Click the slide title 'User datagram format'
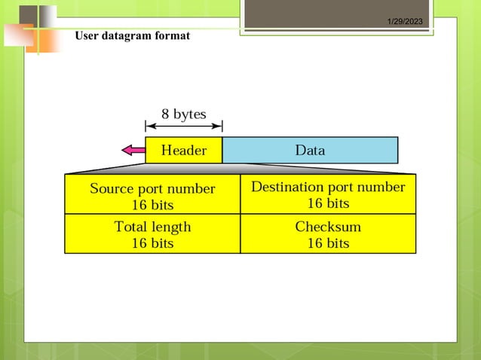point(132,36)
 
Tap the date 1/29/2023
point(406,22)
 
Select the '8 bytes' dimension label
point(183,114)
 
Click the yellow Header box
point(184,151)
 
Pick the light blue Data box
point(310,151)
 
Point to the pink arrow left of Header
point(133,151)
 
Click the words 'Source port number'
point(152,189)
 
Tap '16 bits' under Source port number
point(152,205)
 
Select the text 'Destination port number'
point(328,187)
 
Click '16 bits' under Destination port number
point(328,203)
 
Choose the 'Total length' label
point(152,227)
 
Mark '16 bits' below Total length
point(152,243)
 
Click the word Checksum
point(328,227)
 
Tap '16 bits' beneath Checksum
point(328,243)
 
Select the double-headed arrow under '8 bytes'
point(183,126)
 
